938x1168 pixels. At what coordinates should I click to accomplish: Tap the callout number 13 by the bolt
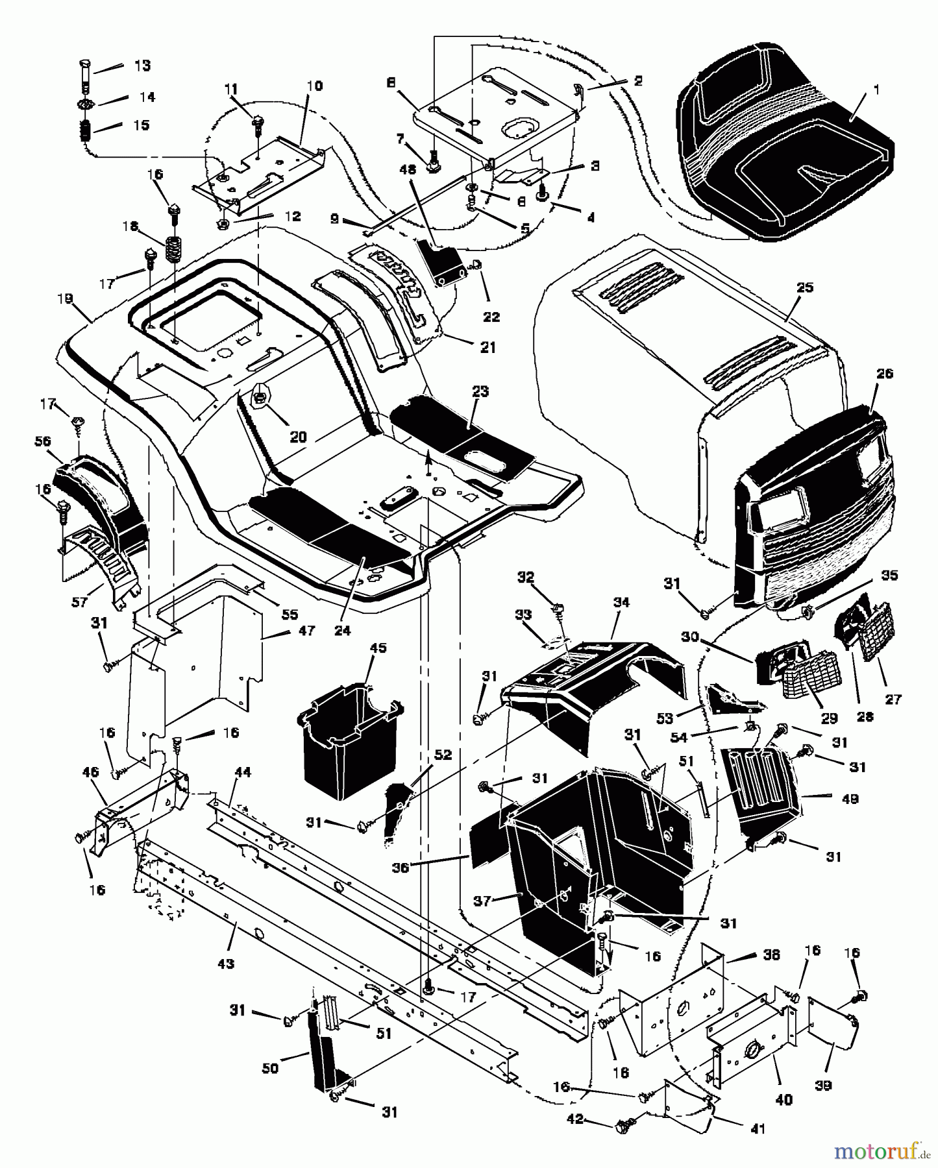point(142,66)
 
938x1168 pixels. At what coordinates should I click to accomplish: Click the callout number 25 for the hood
point(805,287)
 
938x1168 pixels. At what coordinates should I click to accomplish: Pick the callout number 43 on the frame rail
point(225,964)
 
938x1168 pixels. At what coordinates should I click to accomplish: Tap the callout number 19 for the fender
point(65,299)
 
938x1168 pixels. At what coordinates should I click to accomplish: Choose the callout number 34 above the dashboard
point(621,602)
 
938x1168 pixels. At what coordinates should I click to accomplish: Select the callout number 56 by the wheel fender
point(43,441)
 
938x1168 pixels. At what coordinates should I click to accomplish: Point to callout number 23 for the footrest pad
point(480,392)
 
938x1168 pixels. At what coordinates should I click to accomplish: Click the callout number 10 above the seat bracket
point(314,86)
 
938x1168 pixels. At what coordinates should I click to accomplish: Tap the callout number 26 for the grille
point(884,374)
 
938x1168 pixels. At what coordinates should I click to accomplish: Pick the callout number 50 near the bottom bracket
point(270,1068)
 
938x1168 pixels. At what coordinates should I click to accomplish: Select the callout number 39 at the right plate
point(822,1086)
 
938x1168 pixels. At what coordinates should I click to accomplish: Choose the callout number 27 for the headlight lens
point(893,699)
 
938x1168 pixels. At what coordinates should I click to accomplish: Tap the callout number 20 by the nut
point(298,437)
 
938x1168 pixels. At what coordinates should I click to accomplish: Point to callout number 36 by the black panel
point(401,868)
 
